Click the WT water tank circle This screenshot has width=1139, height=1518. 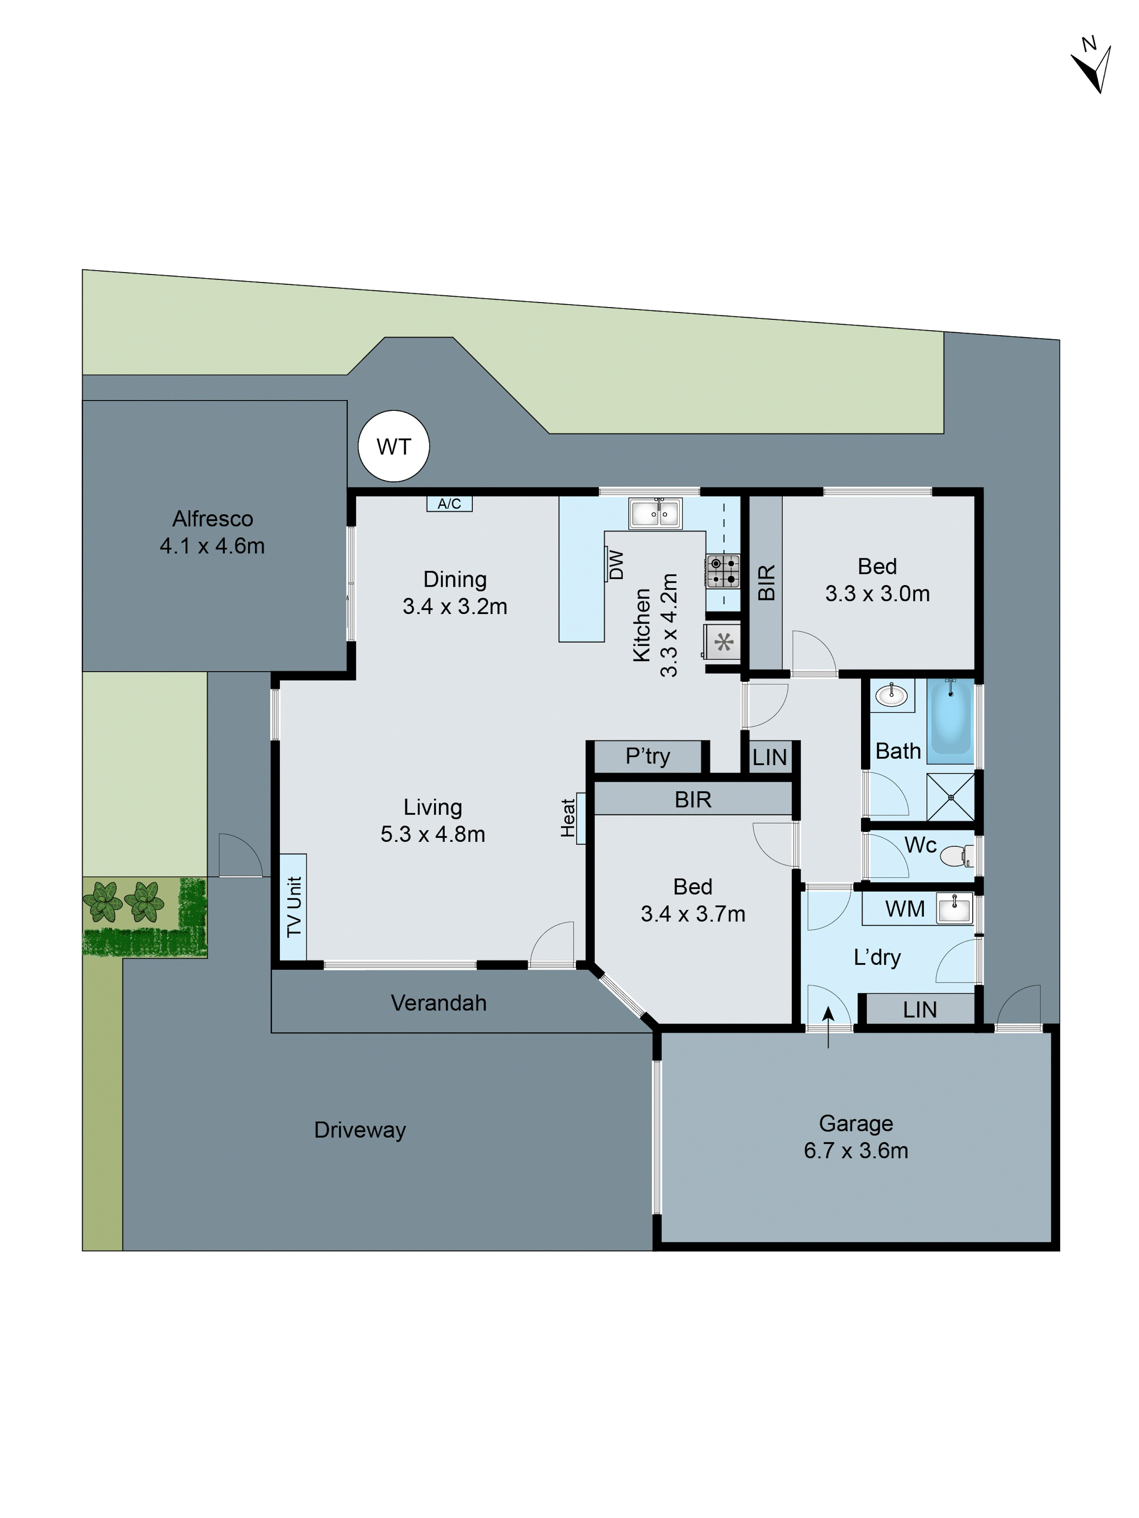(393, 446)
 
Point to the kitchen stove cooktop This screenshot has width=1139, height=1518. (723, 571)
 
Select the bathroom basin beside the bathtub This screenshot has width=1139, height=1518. (891, 695)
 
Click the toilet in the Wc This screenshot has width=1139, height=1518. (956, 856)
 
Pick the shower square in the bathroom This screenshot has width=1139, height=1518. (950, 797)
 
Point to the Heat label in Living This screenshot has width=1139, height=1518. (568, 817)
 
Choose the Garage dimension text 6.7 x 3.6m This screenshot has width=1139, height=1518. (856, 1150)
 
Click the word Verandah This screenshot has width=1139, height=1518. (439, 1003)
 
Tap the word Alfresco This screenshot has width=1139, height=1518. (213, 519)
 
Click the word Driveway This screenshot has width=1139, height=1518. (360, 1130)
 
